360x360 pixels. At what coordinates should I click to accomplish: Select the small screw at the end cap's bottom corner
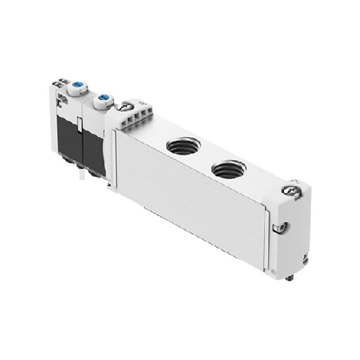[x=304, y=260]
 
